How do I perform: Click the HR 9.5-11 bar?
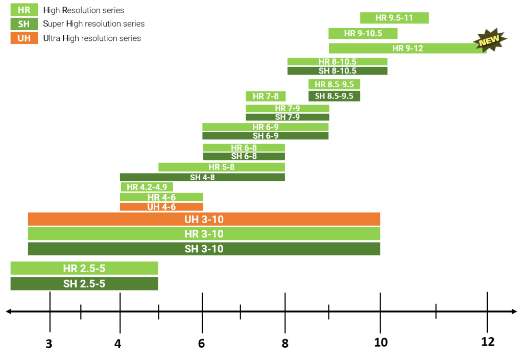pyautogui.click(x=394, y=18)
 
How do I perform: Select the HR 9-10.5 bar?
pyautogui.click(x=363, y=33)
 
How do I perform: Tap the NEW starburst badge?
pyautogui.click(x=490, y=40)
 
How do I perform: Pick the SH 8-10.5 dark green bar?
pyautogui.click(x=337, y=70)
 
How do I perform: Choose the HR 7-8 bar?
pyautogui.click(x=266, y=97)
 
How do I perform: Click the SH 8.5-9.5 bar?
pyautogui.click(x=334, y=96)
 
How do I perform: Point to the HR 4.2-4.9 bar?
pyautogui.click(x=147, y=187)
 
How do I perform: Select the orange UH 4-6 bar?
pyautogui.click(x=161, y=207)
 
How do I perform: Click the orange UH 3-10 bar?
pyautogui.click(x=204, y=219)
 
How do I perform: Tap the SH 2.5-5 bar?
pyautogui.click(x=84, y=284)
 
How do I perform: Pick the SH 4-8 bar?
pyautogui.click(x=202, y=177)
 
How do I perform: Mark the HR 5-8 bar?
pyautogui.click(x=222, y=167)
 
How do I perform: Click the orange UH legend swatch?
pyautogui.click(x=24, y=38)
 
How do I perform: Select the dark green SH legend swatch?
pyautogui.click(x=24, y=24)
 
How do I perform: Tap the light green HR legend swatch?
pyautogui.click(x=24, y=10)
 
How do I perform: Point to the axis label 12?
pyautogui.click(x=488, y=342)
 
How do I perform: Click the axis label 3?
pyautogui.click(x=49, y=344)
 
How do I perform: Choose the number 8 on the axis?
pyautogui.click(x=285, y=343)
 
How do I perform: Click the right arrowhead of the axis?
pyautogui.click(x=514, y=311)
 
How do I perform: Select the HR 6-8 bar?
pyautogui.click(x=244, y=148)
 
